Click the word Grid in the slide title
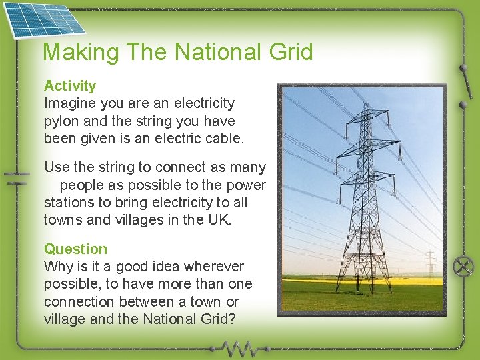point(289,52)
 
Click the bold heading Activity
point(70,85)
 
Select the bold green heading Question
point(75,249)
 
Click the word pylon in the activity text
point(61,121)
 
